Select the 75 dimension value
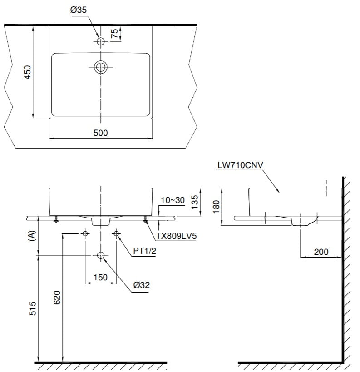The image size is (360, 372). pyautogui.click(x=114, y=34)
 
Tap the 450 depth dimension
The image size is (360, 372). pyautogui.click(x=27, y=73)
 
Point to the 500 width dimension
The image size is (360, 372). pyautogui.click(x=100, y=133)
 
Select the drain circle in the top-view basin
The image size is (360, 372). pyautogui.click(x=101, y=67)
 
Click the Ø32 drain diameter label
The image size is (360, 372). pyautogui.click(x=142, y=285)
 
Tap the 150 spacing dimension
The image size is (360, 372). pyautogui.click(x=100, y=277)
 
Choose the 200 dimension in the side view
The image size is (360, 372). pyautogui.click(x=321, y=252)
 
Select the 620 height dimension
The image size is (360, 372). pyautogui.click(x=57, y=298)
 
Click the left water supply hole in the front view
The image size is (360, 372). pyautogui.click(x=85, y=233)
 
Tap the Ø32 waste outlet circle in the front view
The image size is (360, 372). pyautogui.click(x=101, y=256)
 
